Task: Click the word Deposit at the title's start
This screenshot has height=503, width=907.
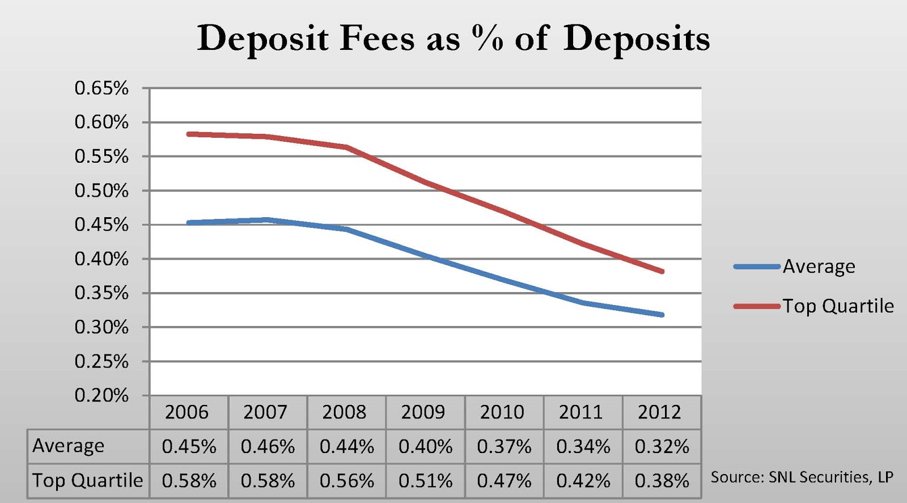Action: click(x=262, y=39)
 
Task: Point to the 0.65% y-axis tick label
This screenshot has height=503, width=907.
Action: click(x=101, y=88)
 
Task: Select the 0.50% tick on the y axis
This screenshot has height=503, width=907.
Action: click(x=101, y=191)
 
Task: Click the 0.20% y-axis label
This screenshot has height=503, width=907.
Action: click(x=101, y=395)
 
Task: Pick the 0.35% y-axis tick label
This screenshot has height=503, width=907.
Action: click(x=101, y=293)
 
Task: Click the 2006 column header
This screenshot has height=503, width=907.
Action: click(x=187, y=412)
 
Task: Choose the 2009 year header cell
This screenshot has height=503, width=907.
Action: click(x=423, y=412)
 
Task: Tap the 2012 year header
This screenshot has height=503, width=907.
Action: click(x=660, y=412)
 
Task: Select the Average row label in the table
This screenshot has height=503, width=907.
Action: click(x=69, y=446)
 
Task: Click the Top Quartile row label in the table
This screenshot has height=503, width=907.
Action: click(x=87, y=480)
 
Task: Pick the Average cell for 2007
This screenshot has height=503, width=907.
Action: click(x=268, y=447)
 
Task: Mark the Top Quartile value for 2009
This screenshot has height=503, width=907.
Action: click(x=425, y=481)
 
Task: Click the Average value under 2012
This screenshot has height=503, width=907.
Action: click(x=662, y=447)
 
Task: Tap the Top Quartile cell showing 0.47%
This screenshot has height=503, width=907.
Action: click(x=504, y=481)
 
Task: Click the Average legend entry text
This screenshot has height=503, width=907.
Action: click(x=819, y=267)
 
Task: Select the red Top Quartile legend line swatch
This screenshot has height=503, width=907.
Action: click(x=757, y=306)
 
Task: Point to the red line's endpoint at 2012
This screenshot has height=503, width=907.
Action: click(x=662, y=271)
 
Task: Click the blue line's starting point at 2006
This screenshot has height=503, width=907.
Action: click(x=189, y=223)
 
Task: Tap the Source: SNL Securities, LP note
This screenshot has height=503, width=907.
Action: click(x=802, y=477)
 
